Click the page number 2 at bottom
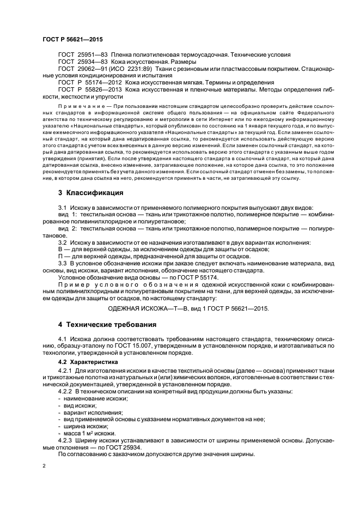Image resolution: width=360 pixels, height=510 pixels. click(45, 466)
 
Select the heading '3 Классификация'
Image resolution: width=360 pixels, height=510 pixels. click(90, 193)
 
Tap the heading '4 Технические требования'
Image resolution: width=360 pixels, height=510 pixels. click(107, 325)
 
